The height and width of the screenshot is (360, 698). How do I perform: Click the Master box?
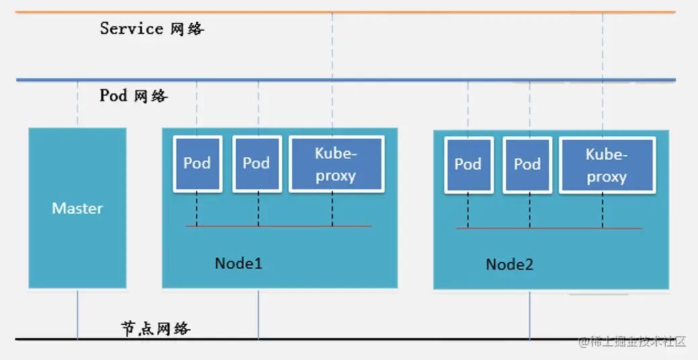pyautogui.click(x=77, y=208)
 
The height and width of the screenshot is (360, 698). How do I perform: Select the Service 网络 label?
pyautogui.click(x=152, y=28)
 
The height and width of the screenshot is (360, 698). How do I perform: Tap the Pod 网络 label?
pyautogui.click(x=134, y=95)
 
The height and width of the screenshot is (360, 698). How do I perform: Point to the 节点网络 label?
pyautogui.click(x=156, y=328)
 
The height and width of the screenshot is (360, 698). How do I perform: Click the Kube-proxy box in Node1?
pyautogui.click(x=336, y=164)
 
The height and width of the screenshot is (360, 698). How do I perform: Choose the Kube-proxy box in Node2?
pyautogui.click(x=606, y=165)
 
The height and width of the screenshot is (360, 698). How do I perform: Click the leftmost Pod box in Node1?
pyautogui.click(x=197, y=164)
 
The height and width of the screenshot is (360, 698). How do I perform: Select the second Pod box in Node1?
pyautogui.click(x=257, y=164)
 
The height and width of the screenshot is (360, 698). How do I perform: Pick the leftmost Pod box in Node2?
pyautogui.click(x=468, y=165)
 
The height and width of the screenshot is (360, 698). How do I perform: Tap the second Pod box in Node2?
pyautogui.click(x=527, y=165)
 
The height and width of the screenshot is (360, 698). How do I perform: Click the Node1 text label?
pyautogui.click(x=238, y=263)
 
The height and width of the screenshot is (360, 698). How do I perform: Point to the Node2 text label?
pyautogui.click(x=509, y=265)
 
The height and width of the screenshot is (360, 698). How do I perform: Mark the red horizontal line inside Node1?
pyautogui.click(x=278, y=226)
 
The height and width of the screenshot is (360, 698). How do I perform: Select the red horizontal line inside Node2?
pyautogui.click(x=549, y=229)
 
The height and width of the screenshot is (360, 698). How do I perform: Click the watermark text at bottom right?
pyautogui.click(x=632, y=342)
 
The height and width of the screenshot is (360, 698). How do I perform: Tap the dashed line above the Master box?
pyautogui.click(x=77, y=104)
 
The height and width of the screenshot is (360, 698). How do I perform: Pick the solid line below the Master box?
pyautogui.click(x=77, y=314)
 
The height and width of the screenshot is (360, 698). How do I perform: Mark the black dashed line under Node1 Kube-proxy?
pyautogui.click(x=332, y=209)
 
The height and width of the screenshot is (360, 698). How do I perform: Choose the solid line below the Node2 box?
pyautogui.click(x=529, y=314)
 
